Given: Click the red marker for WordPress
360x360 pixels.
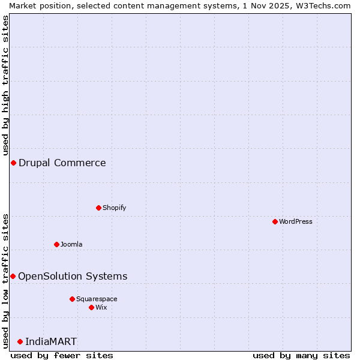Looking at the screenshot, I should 275,221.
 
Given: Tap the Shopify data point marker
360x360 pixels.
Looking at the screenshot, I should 98,208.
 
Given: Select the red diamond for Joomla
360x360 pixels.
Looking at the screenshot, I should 56,244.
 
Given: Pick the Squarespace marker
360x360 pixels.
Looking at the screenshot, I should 72,299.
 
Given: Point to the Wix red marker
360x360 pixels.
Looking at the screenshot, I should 91,307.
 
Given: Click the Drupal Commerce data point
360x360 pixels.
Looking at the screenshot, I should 13,163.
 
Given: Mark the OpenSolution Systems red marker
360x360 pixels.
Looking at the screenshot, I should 13,276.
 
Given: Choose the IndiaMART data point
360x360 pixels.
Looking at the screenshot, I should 20,341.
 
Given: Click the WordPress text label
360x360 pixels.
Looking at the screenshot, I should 296,221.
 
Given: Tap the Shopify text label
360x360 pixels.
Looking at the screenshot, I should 115,208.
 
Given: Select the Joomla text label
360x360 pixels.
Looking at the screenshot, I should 71,244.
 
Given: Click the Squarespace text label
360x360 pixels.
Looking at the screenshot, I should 97,299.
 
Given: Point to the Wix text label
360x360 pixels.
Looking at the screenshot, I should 101,307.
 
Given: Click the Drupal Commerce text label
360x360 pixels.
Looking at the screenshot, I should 62,163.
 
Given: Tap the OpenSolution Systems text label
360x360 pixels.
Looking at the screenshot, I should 73,276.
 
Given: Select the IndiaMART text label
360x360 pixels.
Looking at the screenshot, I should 51,341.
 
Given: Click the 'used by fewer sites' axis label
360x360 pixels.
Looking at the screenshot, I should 62,355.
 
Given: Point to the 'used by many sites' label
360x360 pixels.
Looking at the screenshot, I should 301,355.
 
